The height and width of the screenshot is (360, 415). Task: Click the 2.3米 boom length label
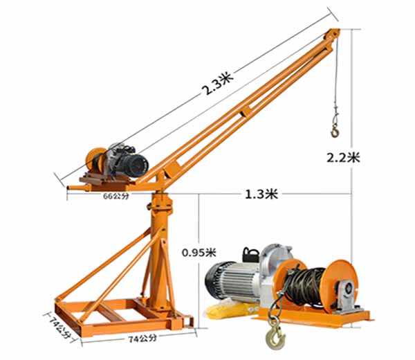click(x=217, y=82)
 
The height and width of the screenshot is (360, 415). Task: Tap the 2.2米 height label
click(x=343, y=158)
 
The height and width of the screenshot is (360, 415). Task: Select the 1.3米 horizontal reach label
click(x=261, y=194)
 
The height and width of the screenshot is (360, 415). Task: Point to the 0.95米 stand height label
click(x=199, y=253)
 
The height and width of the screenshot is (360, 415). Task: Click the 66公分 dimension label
click(x=116, y=196)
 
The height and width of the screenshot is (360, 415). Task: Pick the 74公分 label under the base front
click(x=142, y=339)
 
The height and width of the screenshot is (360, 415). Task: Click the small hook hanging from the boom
click(x=335, y=131)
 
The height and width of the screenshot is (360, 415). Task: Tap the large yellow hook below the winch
click(x=275, y=337)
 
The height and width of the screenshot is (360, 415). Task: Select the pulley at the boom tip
click(x=331, y=34)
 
